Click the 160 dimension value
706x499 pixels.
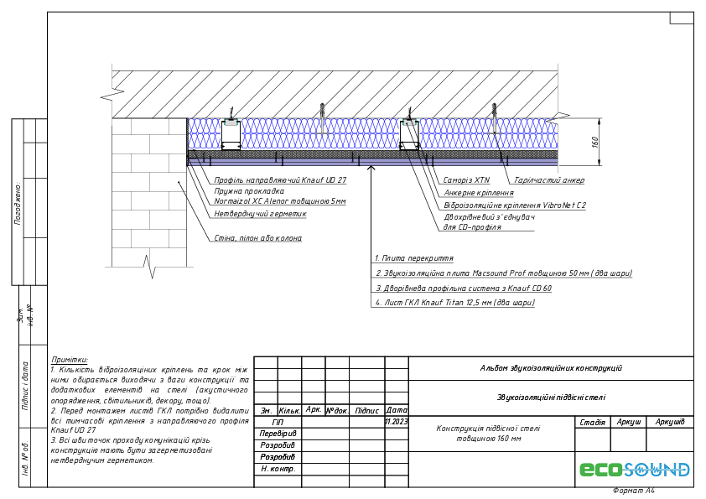coord(595,142)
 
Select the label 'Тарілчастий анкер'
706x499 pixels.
coord(549,179)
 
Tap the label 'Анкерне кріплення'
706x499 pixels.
coord(479,192)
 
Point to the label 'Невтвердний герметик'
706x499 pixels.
coord(261,214)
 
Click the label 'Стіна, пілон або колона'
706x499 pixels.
coord(257,238)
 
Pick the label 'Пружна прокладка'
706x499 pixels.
coord(249,191)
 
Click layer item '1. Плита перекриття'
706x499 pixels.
coord(414,258)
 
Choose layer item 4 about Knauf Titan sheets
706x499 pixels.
coord(454,302)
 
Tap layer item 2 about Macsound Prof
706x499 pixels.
coord(503,273)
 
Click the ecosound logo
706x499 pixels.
coord(635,470)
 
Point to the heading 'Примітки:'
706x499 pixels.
coord(70,359)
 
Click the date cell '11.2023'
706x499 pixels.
coord(396,422)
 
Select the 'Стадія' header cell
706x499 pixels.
coord(593,422)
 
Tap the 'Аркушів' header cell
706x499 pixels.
coord(670,422)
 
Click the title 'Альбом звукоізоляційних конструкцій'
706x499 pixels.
coord(551,368)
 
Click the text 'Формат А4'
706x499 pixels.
coord(633,491)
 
